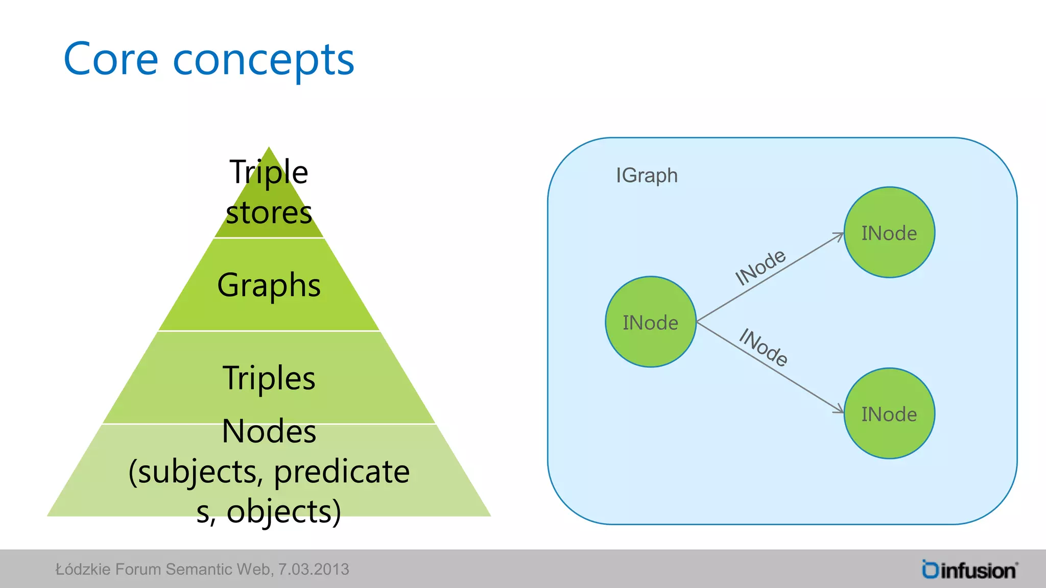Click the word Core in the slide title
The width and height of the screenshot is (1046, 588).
tap(111, 60)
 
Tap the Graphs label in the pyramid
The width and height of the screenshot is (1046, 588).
tap(269, 285)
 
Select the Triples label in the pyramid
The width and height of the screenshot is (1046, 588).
tap(269, 378)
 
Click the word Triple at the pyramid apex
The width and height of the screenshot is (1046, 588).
tap(269, 171)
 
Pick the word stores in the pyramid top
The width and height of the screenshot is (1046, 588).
tap(269, 212)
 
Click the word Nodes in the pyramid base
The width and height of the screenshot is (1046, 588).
tap(269, 431)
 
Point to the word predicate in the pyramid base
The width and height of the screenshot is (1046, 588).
tap(341, 472)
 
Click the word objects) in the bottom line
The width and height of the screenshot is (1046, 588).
tap(283, 511)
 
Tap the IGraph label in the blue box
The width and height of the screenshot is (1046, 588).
tap(647, 176)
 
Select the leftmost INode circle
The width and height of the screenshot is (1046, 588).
tap(650, 322)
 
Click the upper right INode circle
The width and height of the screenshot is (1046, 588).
tap(889, 233)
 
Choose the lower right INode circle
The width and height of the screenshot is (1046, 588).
tap(889, 414)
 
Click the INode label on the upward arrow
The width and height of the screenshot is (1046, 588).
tap(760, 267)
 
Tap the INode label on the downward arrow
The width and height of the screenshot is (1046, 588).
tap(764, 348)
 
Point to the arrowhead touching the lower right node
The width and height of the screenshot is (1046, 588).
tap(839, 409)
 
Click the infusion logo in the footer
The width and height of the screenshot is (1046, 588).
tap(970, 570)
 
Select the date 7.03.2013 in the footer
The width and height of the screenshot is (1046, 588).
tap(314, 569)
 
